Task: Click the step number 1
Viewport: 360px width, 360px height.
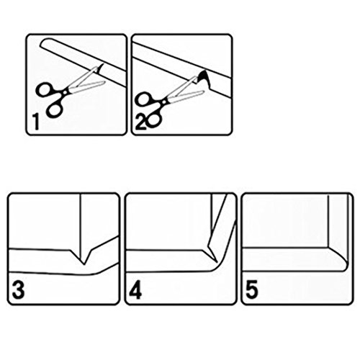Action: click(36, 122)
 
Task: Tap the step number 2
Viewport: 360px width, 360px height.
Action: click(140, 122)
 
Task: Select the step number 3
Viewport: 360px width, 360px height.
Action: click(18, 290)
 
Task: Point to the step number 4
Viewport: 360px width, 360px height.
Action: click(135, 290)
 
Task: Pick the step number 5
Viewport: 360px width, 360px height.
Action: click(252, 290)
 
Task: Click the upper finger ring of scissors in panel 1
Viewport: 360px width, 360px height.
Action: click(45, 89)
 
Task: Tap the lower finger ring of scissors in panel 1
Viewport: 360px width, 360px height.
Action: click(55, 109)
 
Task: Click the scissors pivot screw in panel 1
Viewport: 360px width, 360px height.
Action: click(65, 91)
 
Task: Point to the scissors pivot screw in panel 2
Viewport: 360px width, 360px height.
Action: click(164, 102)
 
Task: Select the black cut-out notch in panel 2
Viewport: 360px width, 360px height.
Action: click(204, 78)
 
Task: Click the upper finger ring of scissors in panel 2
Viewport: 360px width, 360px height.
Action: click(144, 99)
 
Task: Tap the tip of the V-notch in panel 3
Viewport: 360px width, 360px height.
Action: click(84, 264)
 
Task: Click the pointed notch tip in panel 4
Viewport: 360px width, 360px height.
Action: click(217, 262)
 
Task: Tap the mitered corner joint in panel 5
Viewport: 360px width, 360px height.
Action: click(337, 255)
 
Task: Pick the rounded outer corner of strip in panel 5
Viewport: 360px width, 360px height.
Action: click(346, 266)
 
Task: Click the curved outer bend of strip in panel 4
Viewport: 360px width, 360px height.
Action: click(217, 267)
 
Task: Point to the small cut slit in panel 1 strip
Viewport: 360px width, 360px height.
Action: click(102, 67)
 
